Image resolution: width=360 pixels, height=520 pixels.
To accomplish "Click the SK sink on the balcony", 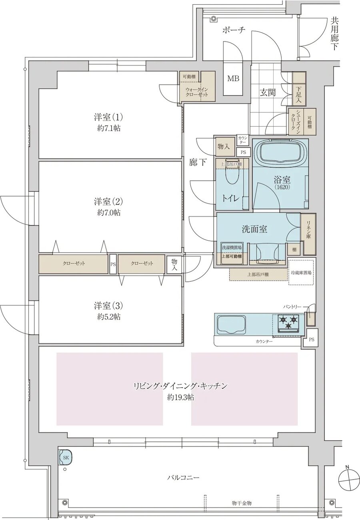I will coord(66,457).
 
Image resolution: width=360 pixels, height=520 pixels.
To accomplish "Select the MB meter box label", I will coord(233,78).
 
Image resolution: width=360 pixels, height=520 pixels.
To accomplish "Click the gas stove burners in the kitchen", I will coord(288,323).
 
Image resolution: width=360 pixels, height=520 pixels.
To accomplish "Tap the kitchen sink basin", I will coord(231,325).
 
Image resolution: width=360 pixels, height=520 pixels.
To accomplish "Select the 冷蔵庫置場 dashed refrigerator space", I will coord(301,272).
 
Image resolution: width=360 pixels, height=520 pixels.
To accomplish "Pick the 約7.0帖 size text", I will coord(108,213).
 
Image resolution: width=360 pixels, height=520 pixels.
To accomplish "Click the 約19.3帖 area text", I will coord(181,398).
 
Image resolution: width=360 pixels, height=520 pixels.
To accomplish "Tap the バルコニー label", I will coord(183,477).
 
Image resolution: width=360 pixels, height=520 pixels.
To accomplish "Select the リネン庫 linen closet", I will coord(309,235).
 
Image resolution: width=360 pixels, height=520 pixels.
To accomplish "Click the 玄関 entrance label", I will coord(268,93).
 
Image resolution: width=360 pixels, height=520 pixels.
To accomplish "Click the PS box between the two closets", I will coord(113,264).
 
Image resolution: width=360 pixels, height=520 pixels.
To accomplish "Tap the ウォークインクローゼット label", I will coord(196,92).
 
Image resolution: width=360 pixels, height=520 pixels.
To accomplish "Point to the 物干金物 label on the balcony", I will coord(241,503).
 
